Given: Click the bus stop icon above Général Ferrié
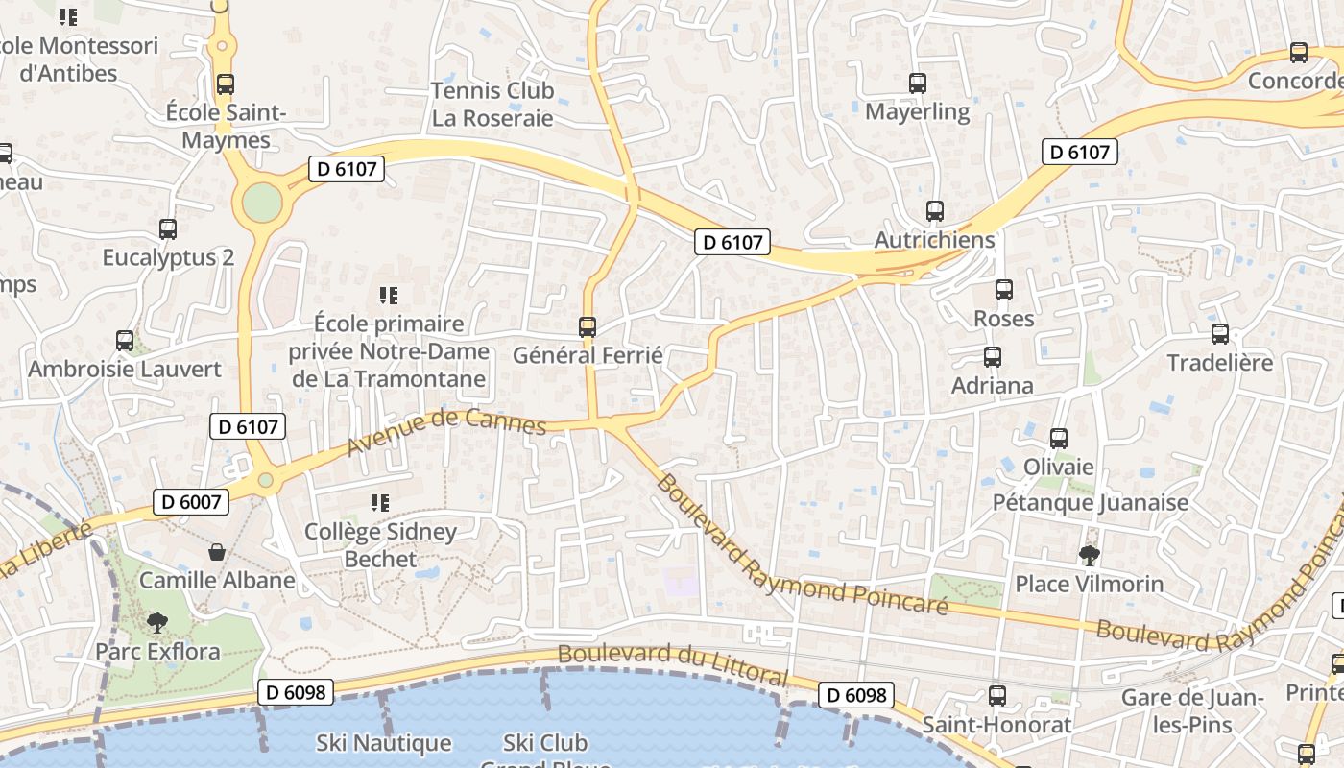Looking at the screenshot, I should [x=588, y=327].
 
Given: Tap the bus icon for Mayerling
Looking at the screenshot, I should [x=918, y=84].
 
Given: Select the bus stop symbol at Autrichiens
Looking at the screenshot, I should [x=935, y=211].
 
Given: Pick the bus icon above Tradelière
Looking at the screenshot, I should [x=1220, y=334].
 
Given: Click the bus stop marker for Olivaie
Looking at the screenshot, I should [x=1059, y=439].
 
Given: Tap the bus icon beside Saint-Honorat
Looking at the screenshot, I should [x=997, y=696].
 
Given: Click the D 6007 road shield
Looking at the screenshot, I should [x=192, y=501].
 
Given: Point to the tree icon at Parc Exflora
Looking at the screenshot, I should [x=156, y=623].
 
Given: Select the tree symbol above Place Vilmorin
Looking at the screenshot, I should [x=1089, y=555].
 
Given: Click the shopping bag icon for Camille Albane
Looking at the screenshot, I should [x=217, y=552].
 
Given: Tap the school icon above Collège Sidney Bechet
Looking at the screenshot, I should [x=380, y=502].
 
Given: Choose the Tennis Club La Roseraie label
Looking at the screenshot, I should [x=492, y=105].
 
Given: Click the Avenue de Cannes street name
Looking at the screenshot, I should [x=446, y=432].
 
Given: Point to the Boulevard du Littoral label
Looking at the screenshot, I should [x=673, y=664].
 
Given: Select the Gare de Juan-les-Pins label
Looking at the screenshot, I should [x=1192, y=710].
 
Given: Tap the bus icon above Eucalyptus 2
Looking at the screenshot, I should [x=168, y=229].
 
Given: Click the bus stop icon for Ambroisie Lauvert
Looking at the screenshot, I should [x=125, y=341].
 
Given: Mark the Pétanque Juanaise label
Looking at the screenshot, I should [x=1091, y=503].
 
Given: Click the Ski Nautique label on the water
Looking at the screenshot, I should [x=384, y=743].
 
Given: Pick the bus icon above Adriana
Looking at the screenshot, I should [x=993, y=357].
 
